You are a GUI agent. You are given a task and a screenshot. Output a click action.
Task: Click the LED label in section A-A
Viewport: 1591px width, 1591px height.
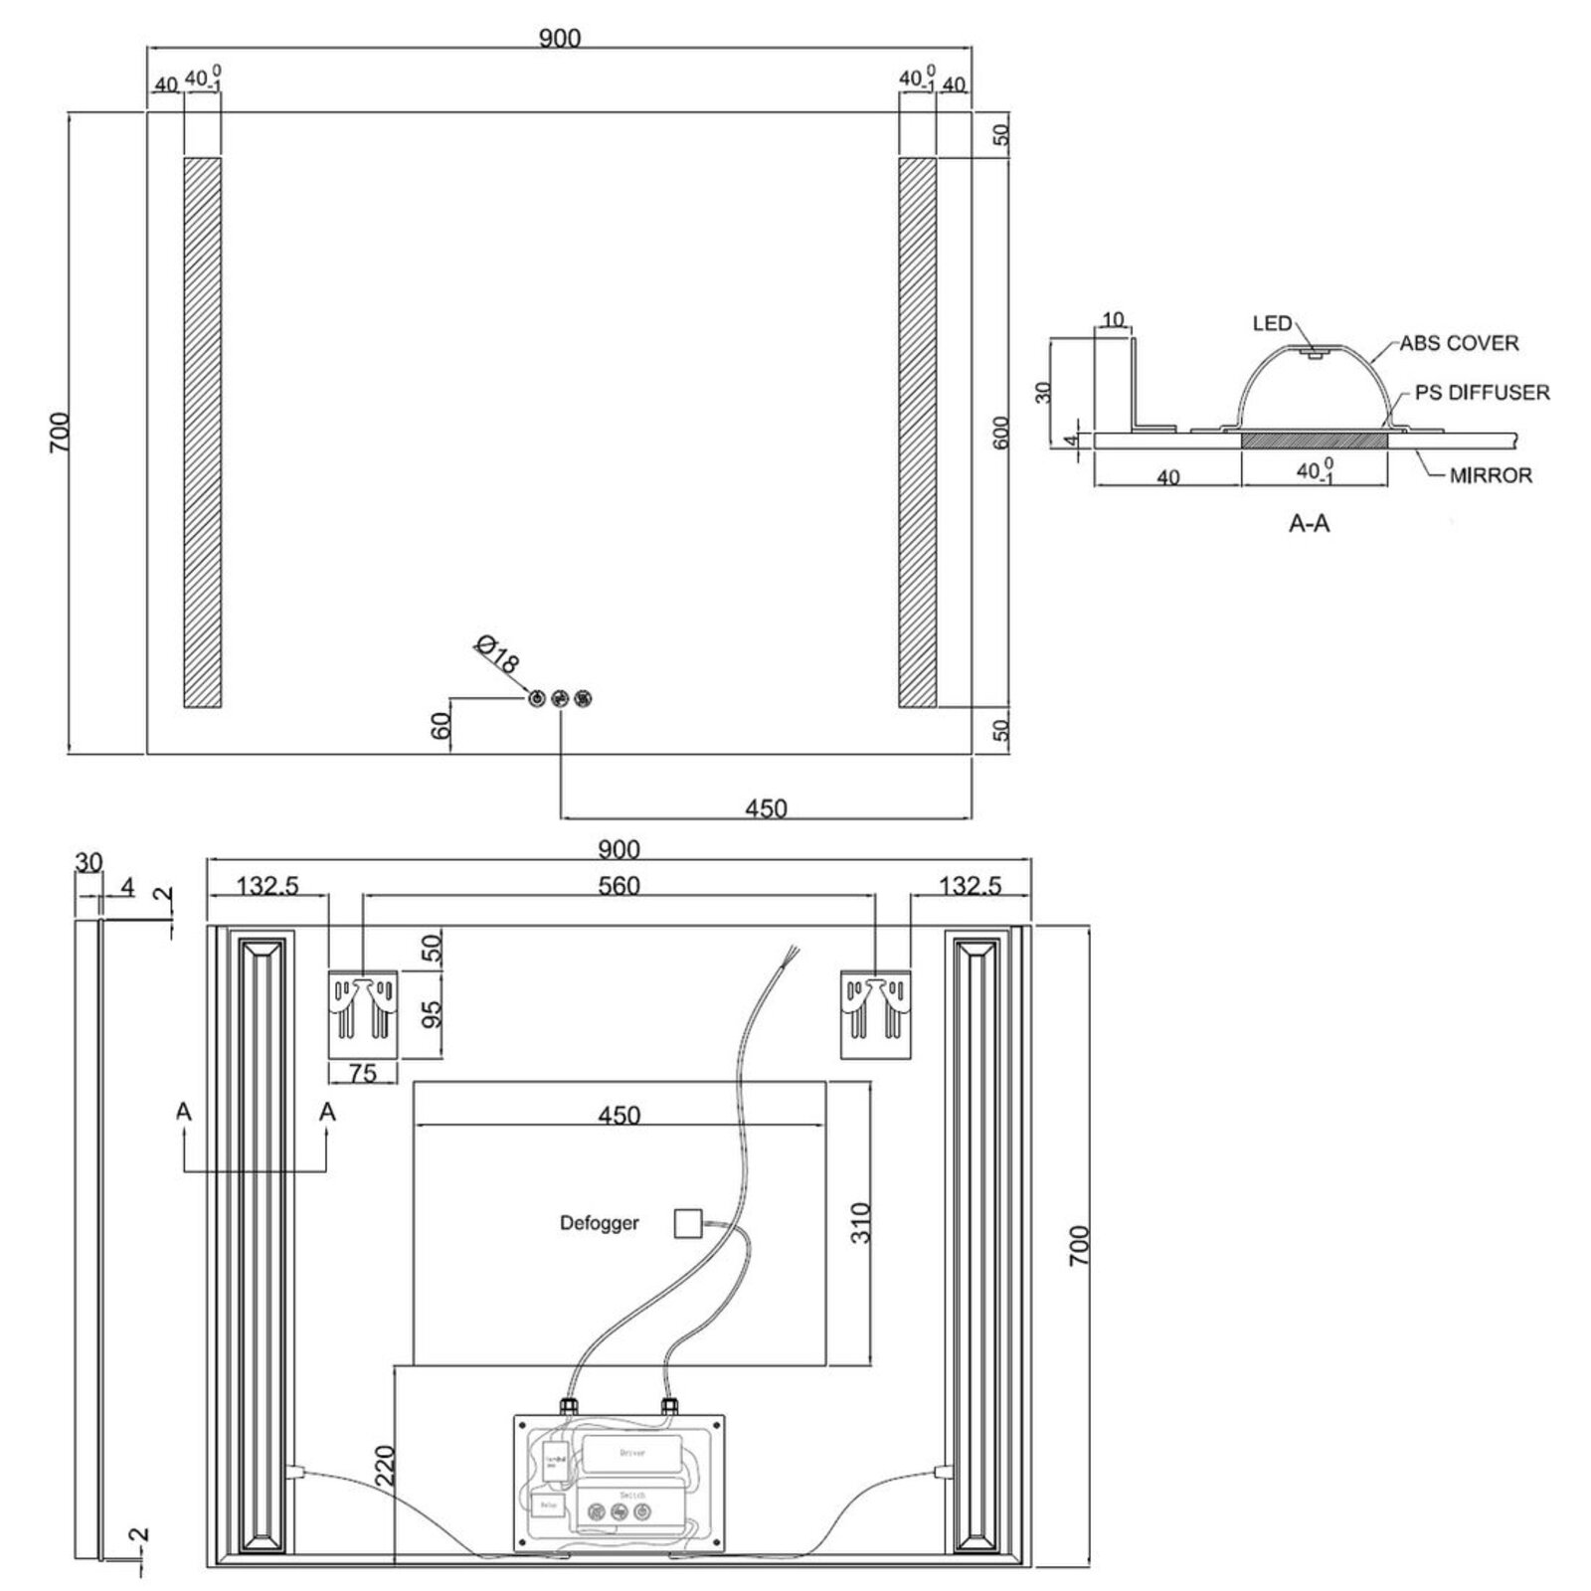pos(1272,323)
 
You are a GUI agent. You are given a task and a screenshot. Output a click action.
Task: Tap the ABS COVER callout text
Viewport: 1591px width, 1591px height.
pos(1459,343)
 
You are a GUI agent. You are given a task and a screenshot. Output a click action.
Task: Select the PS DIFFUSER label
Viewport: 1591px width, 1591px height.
pos(1482,393)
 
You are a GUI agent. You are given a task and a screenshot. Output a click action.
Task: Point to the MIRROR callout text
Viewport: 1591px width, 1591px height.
pos(1490,475)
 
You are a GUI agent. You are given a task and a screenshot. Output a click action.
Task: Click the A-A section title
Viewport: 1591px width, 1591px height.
pos(1309,523)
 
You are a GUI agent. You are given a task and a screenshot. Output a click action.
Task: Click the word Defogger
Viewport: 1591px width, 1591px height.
pos(599,1223)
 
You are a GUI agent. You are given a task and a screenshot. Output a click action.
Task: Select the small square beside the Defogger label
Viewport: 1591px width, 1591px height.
pos(687,1223)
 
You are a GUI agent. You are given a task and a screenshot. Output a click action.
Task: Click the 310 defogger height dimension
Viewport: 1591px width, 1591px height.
pos(860,1223)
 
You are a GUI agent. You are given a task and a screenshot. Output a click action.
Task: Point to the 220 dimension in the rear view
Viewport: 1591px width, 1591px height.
pos(386,1465)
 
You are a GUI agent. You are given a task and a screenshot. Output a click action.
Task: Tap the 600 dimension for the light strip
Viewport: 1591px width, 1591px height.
pos(1001,432)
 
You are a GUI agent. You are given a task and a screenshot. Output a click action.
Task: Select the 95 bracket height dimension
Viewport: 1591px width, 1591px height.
pos(432,1014)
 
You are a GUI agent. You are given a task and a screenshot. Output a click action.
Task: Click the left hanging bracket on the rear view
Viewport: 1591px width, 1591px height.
pos(363,1013)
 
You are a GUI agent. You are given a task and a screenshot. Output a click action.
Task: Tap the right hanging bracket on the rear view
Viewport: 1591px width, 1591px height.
pos(875,1013)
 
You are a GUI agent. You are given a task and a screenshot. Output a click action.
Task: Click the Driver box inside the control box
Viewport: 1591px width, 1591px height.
pos(632,1453)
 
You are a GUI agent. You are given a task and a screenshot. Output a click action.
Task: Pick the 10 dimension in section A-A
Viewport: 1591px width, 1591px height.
pos(1114,320)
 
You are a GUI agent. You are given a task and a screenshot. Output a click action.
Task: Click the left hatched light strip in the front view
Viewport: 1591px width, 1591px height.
pos(202,432)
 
